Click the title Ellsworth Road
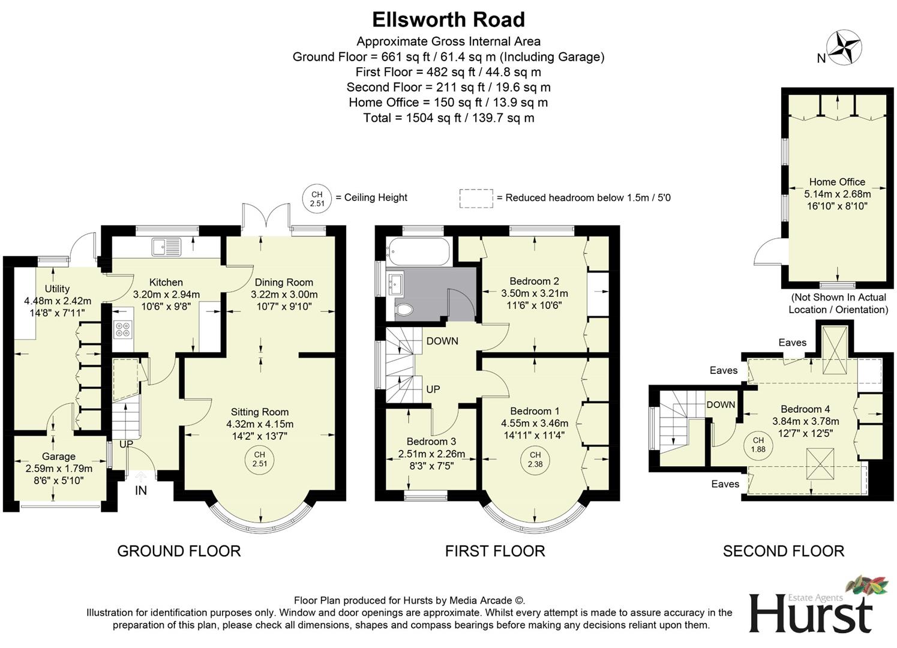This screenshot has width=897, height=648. click(x=448, y=20)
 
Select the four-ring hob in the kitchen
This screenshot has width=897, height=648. click(x=122, y=329)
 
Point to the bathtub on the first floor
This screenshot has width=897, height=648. click(x=418, y=252)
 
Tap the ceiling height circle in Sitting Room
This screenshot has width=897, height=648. click(x=259, y=460)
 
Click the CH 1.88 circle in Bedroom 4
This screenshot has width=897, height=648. click(x=758, y=445)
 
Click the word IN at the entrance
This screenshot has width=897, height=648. click(x=141, y=490)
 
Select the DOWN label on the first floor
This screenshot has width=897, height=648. click(x=442, y=341)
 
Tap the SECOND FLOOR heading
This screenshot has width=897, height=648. click(x=783, y=551)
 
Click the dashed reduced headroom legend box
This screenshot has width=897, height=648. click(x=476, y=198)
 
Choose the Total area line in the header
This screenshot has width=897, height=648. click(x=448, y=118)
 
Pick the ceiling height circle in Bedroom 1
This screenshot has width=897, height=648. click(x=535, y=460)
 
